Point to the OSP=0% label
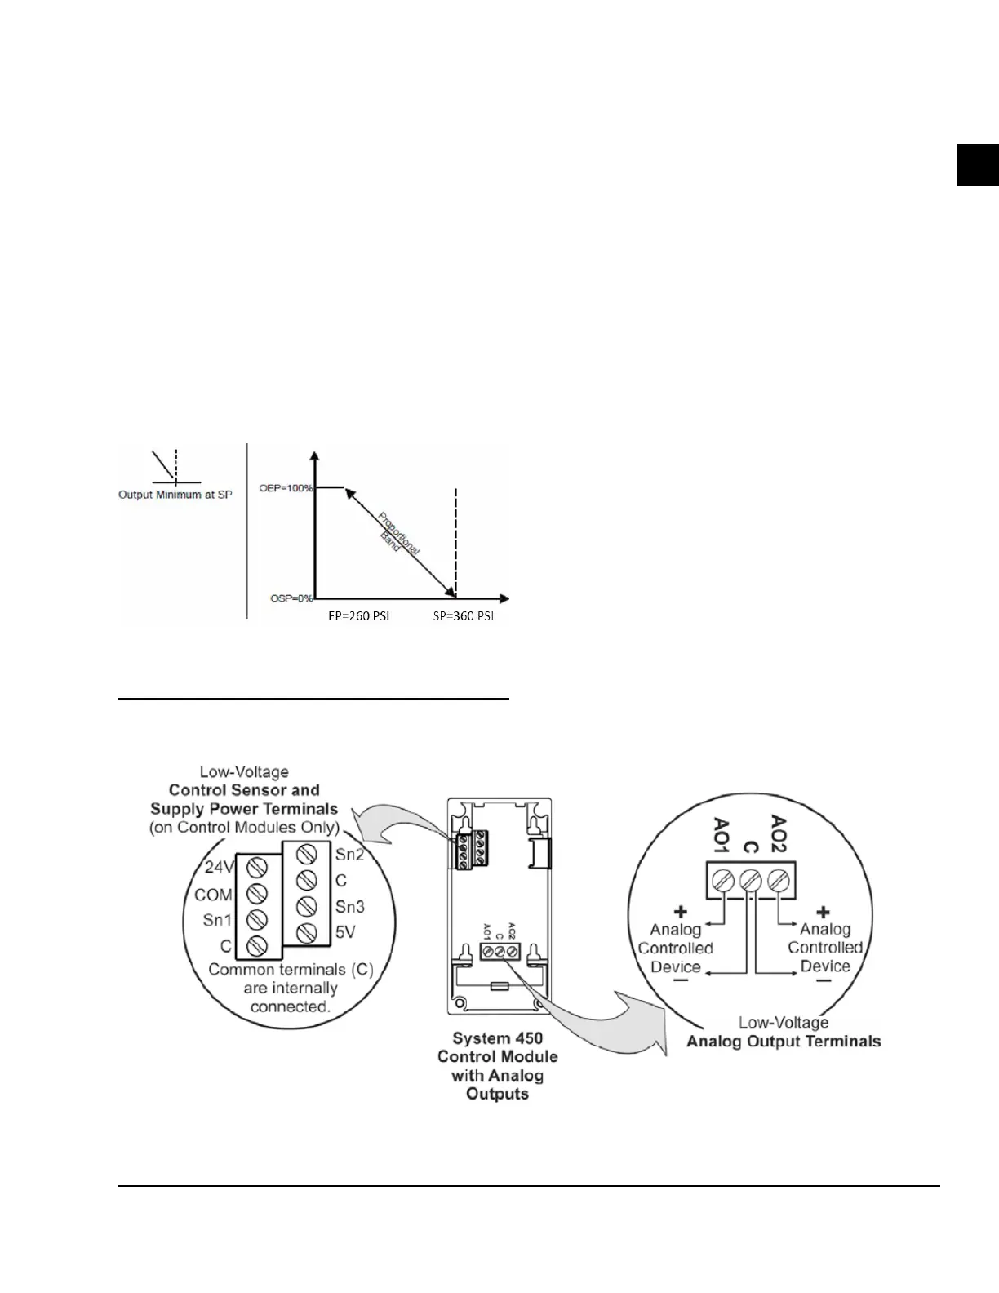click(291, 598)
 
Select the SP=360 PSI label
click(463, 616)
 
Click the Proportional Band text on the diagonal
click(399, 531)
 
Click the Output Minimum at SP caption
click(175, 495)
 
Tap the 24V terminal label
click(219, 867)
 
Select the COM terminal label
click(213, 895)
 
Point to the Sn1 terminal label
click(218, 921)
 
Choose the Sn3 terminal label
click(350, 907)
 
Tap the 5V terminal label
click(345, 932)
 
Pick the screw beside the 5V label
click(307, 932)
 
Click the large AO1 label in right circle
click(721, 835)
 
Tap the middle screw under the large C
click(750, 881)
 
